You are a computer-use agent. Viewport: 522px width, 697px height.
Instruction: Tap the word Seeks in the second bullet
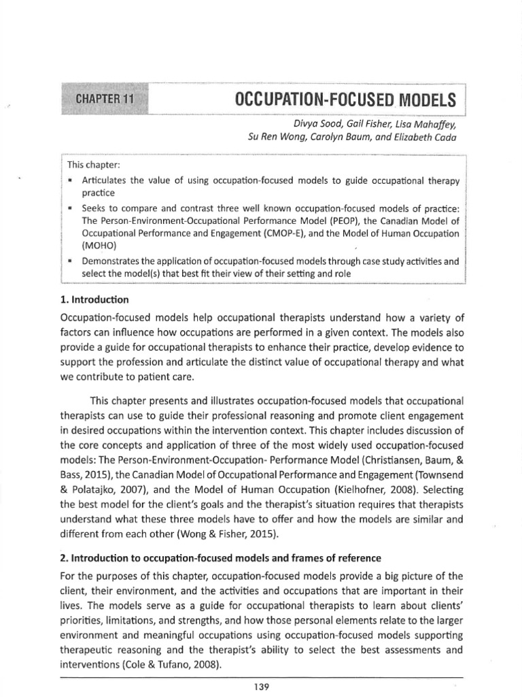pos(94,206)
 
